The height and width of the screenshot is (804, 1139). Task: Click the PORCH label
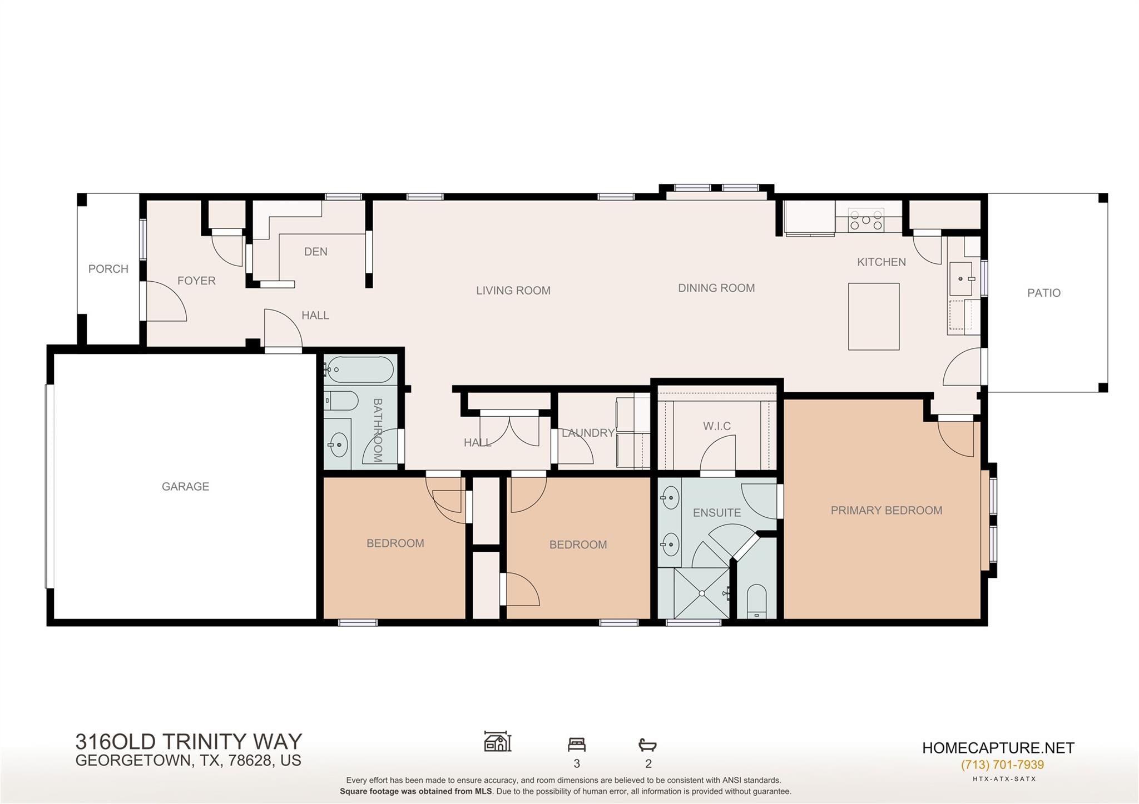108,269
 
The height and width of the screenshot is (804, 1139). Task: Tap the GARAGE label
185,487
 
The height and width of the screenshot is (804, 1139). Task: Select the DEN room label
315,252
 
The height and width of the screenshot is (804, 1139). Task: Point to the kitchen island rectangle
873,317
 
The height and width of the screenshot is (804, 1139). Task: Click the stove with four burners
866,220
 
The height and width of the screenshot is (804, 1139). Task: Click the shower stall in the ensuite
702,593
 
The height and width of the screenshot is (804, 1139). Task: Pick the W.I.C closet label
717,426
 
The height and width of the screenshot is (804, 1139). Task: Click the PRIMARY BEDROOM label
886,511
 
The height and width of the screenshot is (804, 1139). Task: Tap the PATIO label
1043,293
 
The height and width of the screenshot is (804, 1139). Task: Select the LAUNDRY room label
588,433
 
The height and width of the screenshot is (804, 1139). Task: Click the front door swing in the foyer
166,302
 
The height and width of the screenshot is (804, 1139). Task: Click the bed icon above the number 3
577,744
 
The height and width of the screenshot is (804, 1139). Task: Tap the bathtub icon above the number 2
647,745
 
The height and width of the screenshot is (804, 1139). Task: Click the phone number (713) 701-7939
1002,765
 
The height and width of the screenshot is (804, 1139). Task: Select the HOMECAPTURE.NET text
998,748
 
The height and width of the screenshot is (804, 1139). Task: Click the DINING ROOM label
716,288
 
